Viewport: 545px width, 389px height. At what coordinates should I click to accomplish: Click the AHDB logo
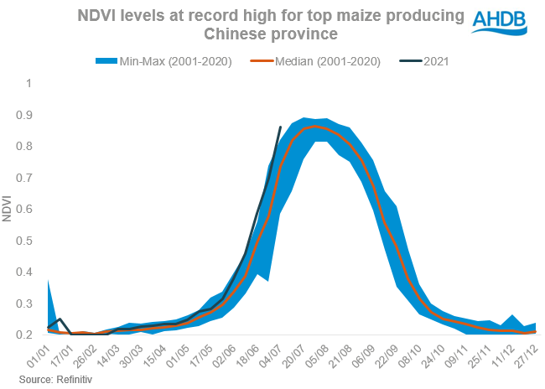(501, 21)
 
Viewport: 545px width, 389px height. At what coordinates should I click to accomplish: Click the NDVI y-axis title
(7, 210)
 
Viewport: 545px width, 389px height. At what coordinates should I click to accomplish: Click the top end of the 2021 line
(280, 127)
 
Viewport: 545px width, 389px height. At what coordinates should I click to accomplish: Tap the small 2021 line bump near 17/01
(60, 319)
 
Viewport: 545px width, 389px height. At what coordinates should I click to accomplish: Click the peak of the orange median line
(314, 127)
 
